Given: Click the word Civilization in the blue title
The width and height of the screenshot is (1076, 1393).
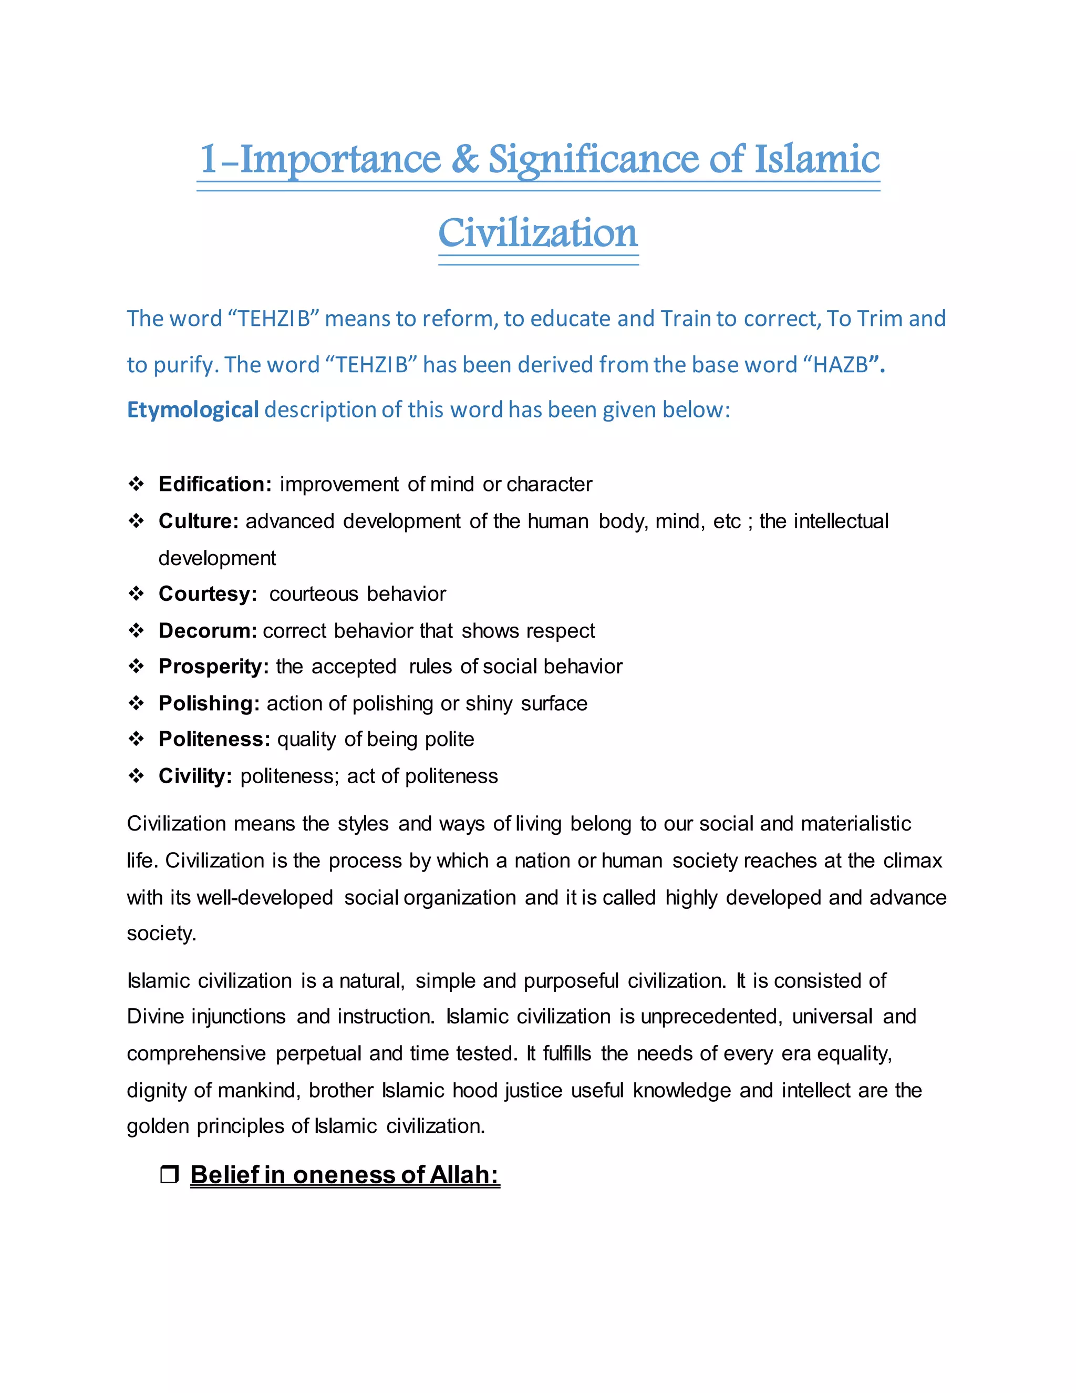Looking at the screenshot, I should click(537, 233).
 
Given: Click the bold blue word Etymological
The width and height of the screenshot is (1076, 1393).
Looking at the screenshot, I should click(192, 409).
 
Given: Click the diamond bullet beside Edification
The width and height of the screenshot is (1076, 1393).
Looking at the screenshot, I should click(137, 484).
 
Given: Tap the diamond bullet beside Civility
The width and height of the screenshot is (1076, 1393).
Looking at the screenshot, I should click(137, 776).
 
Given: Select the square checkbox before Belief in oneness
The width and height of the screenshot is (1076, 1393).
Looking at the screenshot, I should click(169, 1174).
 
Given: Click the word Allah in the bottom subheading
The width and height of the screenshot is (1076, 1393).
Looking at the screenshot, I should click(464, 1175).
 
